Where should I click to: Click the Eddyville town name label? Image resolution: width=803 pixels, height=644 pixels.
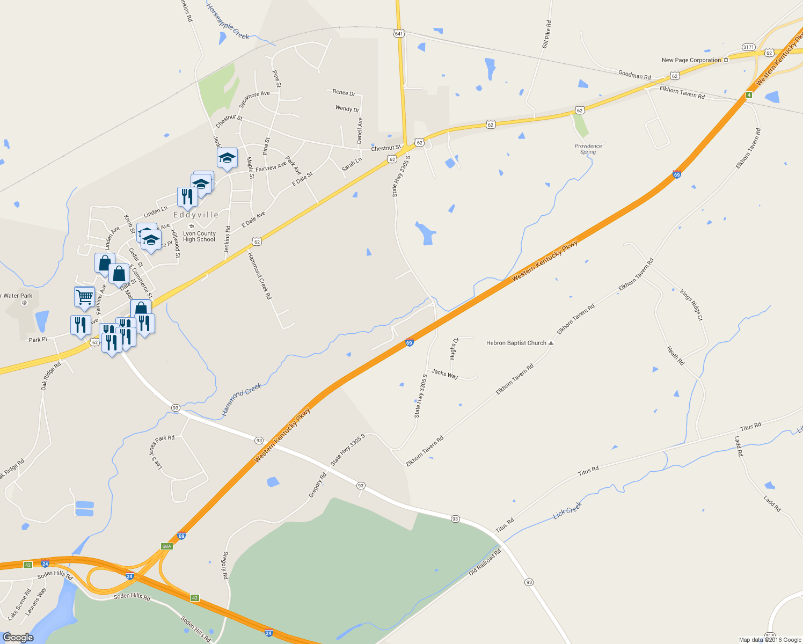196,215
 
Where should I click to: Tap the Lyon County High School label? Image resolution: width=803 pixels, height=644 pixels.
199,237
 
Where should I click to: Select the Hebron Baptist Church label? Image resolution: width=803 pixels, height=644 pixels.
516,343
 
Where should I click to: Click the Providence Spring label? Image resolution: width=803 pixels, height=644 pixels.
588,149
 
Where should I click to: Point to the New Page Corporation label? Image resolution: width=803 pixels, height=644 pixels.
691,60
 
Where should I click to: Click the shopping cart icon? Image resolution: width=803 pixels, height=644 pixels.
84,296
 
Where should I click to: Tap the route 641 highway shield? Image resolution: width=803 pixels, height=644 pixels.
398,33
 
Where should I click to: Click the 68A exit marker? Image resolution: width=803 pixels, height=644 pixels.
166,546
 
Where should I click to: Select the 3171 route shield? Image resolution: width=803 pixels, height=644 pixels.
748,47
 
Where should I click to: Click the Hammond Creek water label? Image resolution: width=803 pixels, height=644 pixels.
242,400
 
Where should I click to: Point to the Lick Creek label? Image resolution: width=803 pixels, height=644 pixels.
567,510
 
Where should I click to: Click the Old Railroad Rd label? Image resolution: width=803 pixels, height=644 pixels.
485,562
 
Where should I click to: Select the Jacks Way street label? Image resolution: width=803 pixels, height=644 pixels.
445,374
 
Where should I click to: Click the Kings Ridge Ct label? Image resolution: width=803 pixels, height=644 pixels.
691,305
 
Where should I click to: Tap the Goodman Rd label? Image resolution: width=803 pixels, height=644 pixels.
634,75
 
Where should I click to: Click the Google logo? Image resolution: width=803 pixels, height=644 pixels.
18,638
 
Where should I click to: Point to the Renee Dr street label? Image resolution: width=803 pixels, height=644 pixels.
344,93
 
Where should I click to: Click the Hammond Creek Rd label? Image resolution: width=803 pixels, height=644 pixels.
260,275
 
